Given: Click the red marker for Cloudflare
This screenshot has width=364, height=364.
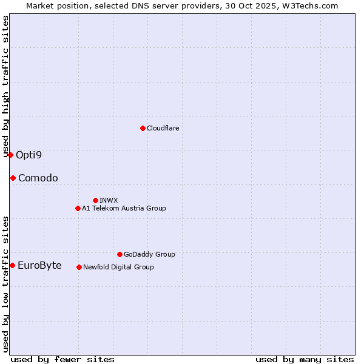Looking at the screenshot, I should (143, 128).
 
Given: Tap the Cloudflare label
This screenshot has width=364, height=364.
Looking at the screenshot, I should (163, 128).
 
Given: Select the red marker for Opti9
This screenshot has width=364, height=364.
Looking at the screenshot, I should (10, 155).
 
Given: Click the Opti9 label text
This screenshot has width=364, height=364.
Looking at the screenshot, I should (29, 155).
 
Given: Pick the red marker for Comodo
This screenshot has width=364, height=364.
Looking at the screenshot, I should (13, 178).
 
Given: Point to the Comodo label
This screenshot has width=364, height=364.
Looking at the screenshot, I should (38, 178).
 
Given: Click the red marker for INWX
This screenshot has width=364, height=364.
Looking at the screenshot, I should (95, 200).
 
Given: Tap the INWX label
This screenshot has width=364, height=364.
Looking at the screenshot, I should (109, 200).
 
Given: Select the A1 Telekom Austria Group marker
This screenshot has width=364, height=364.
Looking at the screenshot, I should (78, 208).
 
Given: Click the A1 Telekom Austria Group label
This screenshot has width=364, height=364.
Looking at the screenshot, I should (124, 208).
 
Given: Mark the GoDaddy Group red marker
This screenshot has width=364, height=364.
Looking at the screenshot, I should (120, 254).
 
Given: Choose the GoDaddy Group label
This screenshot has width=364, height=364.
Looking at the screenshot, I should (149, 254).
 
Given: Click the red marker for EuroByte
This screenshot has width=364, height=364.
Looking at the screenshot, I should (12, 265).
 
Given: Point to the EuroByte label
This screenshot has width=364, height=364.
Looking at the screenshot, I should (39, 265).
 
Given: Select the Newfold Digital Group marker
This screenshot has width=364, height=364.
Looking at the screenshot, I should (79, 267).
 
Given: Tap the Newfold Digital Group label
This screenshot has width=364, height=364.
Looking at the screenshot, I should (118, 267).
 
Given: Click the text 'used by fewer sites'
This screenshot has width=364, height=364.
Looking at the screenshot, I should (62, 359).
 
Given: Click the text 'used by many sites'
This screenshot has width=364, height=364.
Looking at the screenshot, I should (305, 359).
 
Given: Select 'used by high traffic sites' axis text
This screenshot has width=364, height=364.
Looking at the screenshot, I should (5, 86).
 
